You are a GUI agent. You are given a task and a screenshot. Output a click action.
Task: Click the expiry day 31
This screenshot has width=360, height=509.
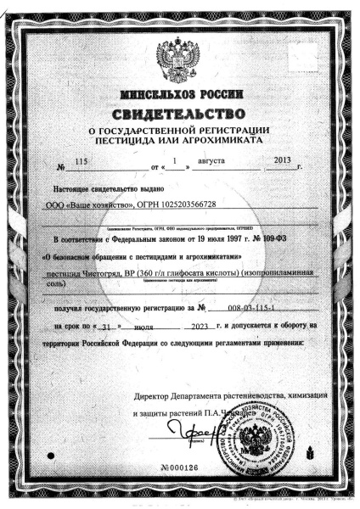(127, 326)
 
